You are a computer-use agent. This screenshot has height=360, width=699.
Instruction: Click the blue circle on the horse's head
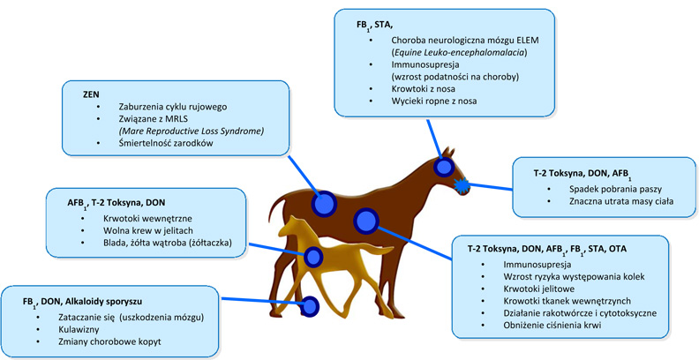pos(442,167)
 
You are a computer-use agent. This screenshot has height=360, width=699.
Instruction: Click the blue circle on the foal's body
pos(314,258)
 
